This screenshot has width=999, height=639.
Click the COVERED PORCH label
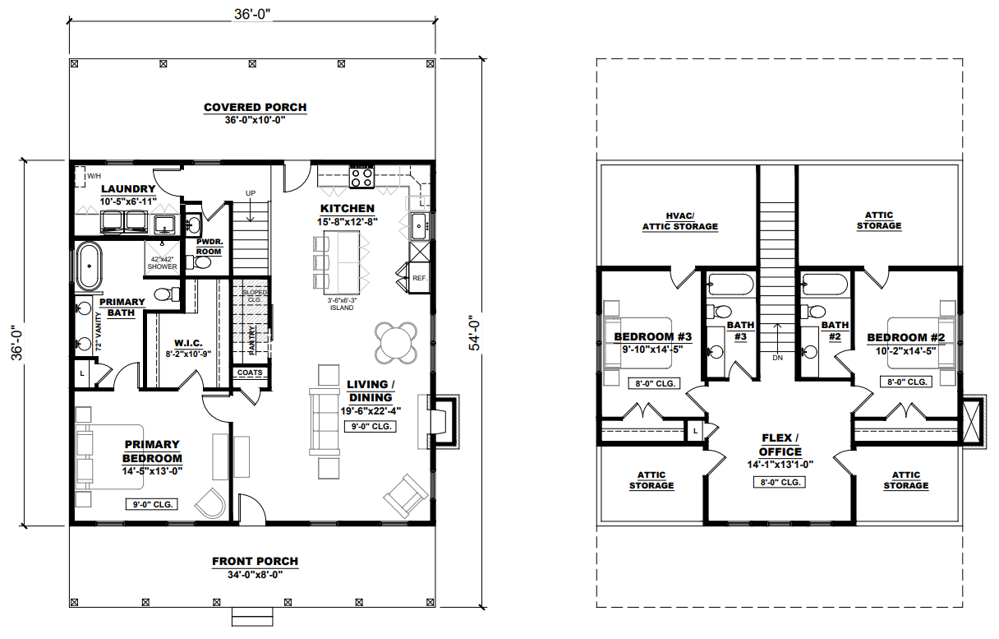[x=256, y=108]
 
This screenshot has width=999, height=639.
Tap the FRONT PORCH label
[x=256, y=562]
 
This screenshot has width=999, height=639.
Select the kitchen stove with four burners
[x=361, y=178]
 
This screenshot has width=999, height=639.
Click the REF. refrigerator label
[x=420, y=278]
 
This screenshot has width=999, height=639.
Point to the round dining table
[x=396, y=342]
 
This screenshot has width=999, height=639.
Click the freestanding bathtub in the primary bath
[x=90, y=266]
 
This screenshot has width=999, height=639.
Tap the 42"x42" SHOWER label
[x=162, y=263]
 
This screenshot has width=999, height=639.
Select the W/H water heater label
[x=94, y=176]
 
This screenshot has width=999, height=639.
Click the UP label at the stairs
[x=251, y=193]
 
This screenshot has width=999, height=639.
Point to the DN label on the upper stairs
[x=777, y=358]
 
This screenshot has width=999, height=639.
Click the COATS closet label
[x=250, y=373]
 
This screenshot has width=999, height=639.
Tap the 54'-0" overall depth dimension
[x=475, y=333]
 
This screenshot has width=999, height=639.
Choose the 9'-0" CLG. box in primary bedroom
[x=152, y=504]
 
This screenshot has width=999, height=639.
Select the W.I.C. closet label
[x=188, y=343]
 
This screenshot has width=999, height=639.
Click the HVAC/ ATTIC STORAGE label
[x=680, y=221]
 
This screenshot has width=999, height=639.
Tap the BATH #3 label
[x=740, y=331]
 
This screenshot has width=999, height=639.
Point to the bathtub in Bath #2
[x=825, y=285]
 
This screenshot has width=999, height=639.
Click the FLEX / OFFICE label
[x=780, y=445]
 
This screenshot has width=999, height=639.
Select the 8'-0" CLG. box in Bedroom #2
[x=906, y=382]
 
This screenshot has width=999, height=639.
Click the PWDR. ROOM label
[x=209, y=247]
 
